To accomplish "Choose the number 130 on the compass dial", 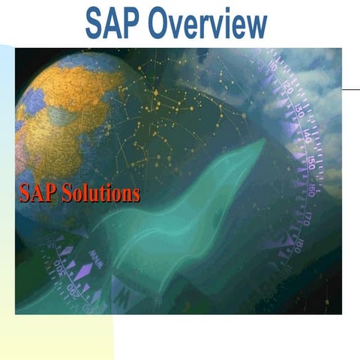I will click(297, 112).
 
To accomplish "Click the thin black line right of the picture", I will click(350, 88).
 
